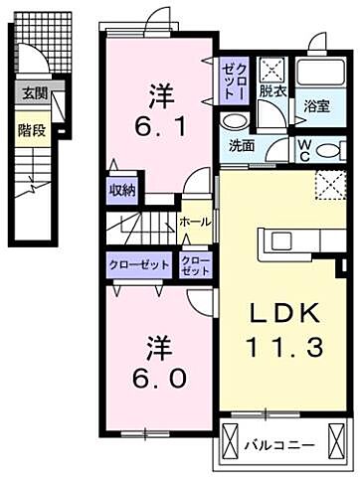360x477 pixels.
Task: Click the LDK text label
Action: pyautogui.click(x=283, y=314)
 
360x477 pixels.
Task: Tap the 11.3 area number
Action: pyautogui.click(x=283, y=347)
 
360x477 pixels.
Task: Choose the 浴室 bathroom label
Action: pyautogui.click(x=317, y=105)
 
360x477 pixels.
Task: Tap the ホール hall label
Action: pyautogui.click(x=194, y=223)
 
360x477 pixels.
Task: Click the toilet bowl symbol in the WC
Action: pyautogui.click(x=328, y=151)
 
